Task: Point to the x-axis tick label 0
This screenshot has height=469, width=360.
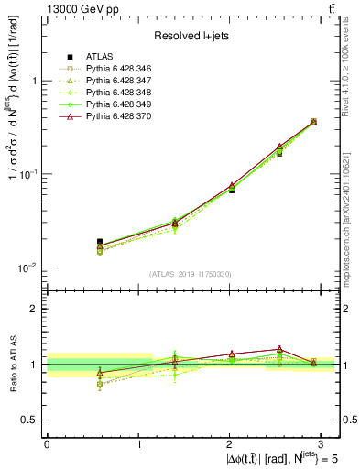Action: click(47, 443)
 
